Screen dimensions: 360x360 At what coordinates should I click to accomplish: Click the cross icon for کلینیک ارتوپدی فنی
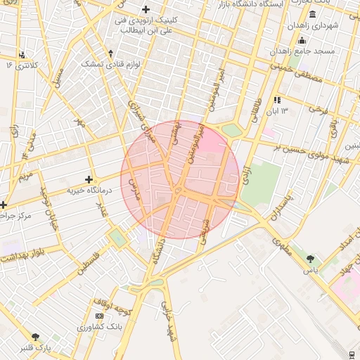click(146, 9)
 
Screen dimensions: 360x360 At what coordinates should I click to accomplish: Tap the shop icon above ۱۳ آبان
click(277, 100)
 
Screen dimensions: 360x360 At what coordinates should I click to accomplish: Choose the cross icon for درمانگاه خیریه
click(88, 179)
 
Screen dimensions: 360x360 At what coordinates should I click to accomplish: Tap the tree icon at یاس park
click(310, 259)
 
